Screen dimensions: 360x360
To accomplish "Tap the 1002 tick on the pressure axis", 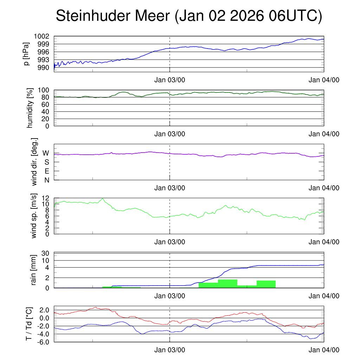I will (x=44, y=37).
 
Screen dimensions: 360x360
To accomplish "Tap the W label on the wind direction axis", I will (x=46, y=153).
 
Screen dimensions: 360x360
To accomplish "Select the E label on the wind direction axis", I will (x=46, y=171).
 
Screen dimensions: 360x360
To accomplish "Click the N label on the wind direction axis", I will (x=46, y=180).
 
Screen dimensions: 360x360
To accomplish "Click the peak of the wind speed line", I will (x=103, y=199).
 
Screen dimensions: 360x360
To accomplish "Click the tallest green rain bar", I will (x=227, y=283).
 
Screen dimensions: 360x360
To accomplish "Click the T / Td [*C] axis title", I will (x=30, y=324).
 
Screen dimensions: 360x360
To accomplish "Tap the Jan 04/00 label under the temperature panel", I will (x=324, y=350).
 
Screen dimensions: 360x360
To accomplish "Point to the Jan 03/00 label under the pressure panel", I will (x=170, y=80).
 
